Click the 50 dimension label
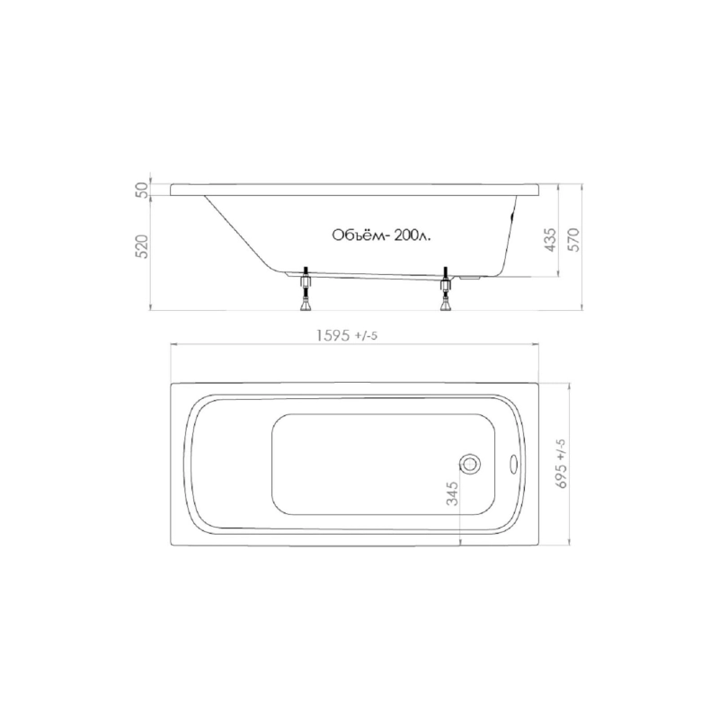pos(143,190)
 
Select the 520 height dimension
pos(143,246)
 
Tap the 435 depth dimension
pos(550,239)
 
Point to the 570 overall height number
pos(573,239)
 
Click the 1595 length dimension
pos(334,336)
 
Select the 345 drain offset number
pos(452,493)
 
